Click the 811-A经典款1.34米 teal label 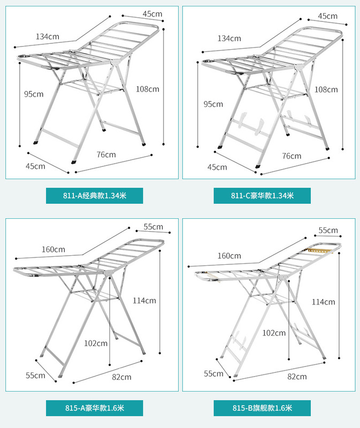point(95,195)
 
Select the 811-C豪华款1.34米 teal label point(262,195)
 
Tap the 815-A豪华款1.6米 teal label point(94,408)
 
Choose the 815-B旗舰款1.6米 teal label point(262,408)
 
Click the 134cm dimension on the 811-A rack point(48,37)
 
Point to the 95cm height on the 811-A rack point(34,94)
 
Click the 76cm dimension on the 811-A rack point(106,155)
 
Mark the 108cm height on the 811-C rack point(326,89)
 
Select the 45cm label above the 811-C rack point(327,16)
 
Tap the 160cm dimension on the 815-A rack point(53,249)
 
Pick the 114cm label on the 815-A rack point(144,301)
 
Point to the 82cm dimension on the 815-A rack point(121,377)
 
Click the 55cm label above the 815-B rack point(328,231)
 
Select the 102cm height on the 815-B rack point(274,333)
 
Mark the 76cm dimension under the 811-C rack point(292,156)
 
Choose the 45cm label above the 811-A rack point(152,13)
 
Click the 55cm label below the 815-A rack point(35,375)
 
